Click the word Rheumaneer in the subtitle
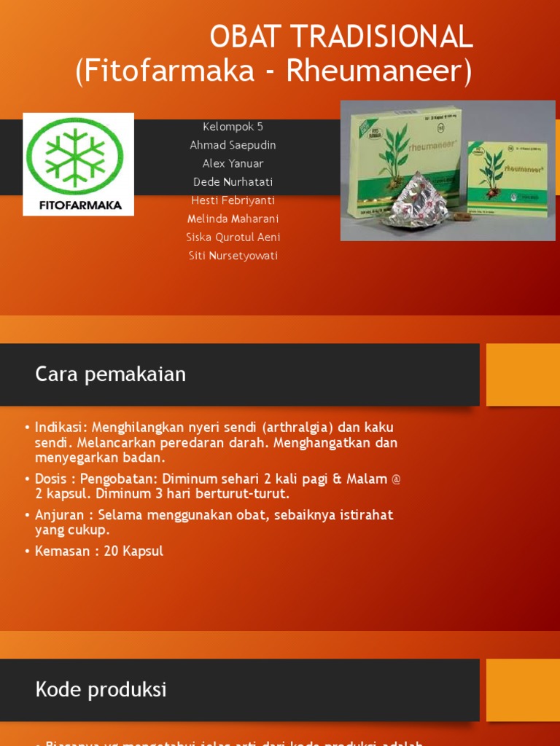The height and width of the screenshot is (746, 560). coord(375,71)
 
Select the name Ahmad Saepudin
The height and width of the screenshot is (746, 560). coord(233,145)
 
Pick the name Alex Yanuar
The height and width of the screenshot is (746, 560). coord(233,163)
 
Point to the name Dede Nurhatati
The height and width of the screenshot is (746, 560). coord(233,181)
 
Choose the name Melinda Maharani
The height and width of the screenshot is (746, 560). coord(233,219)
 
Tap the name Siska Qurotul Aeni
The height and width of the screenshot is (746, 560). coord(233,237)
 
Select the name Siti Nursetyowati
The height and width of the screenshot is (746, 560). coord(233,256)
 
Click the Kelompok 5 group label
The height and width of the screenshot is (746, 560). coord(233,127)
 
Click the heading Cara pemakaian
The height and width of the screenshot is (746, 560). coord(111,374)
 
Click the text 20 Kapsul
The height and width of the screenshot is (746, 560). coord(133,551)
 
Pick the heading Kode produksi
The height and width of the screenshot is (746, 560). coord(101,689)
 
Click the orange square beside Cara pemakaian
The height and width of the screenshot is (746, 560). coord(522,374)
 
